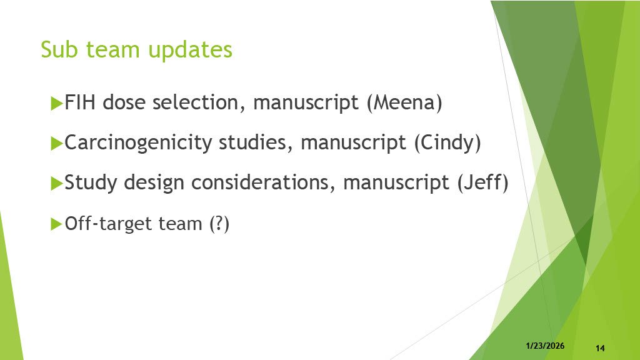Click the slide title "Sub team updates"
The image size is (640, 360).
136,50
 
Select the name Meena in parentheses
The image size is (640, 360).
404,102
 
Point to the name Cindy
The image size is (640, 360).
447,143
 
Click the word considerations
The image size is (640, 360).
259,182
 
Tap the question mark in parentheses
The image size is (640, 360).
219,223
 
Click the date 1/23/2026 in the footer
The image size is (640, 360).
545,346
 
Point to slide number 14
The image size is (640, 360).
600,348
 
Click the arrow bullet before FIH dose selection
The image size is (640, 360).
56,103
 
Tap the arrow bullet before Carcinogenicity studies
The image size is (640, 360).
56,143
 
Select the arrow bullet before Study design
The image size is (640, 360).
56,183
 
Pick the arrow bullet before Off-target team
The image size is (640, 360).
56,224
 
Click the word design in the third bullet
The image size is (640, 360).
154,183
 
